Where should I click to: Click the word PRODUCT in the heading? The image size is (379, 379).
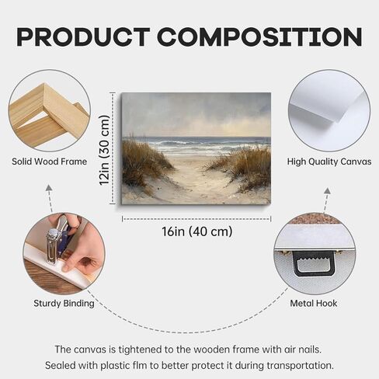tap(83, 37)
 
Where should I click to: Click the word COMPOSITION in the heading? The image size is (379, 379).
tap(259, 37)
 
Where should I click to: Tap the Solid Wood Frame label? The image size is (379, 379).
tap(50, 162)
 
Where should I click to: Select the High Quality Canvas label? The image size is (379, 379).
tap(329, 162)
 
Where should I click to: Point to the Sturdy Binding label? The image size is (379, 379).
tap(64, 304)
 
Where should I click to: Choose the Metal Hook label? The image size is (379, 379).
tap(314, 303)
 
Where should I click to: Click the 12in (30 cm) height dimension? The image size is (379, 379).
tap(105, 150)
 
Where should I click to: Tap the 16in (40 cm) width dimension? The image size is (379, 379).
tap(197, 231)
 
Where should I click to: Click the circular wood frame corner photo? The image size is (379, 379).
tap(49, 110)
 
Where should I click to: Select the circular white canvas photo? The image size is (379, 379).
tap(329, 110)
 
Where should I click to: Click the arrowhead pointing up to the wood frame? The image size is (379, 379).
tap(49, 188)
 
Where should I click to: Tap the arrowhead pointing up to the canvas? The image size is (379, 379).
tap(328, 191)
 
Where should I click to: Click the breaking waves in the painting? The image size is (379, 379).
tap(196, 145)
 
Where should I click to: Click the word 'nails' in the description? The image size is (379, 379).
tap(310, 349)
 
